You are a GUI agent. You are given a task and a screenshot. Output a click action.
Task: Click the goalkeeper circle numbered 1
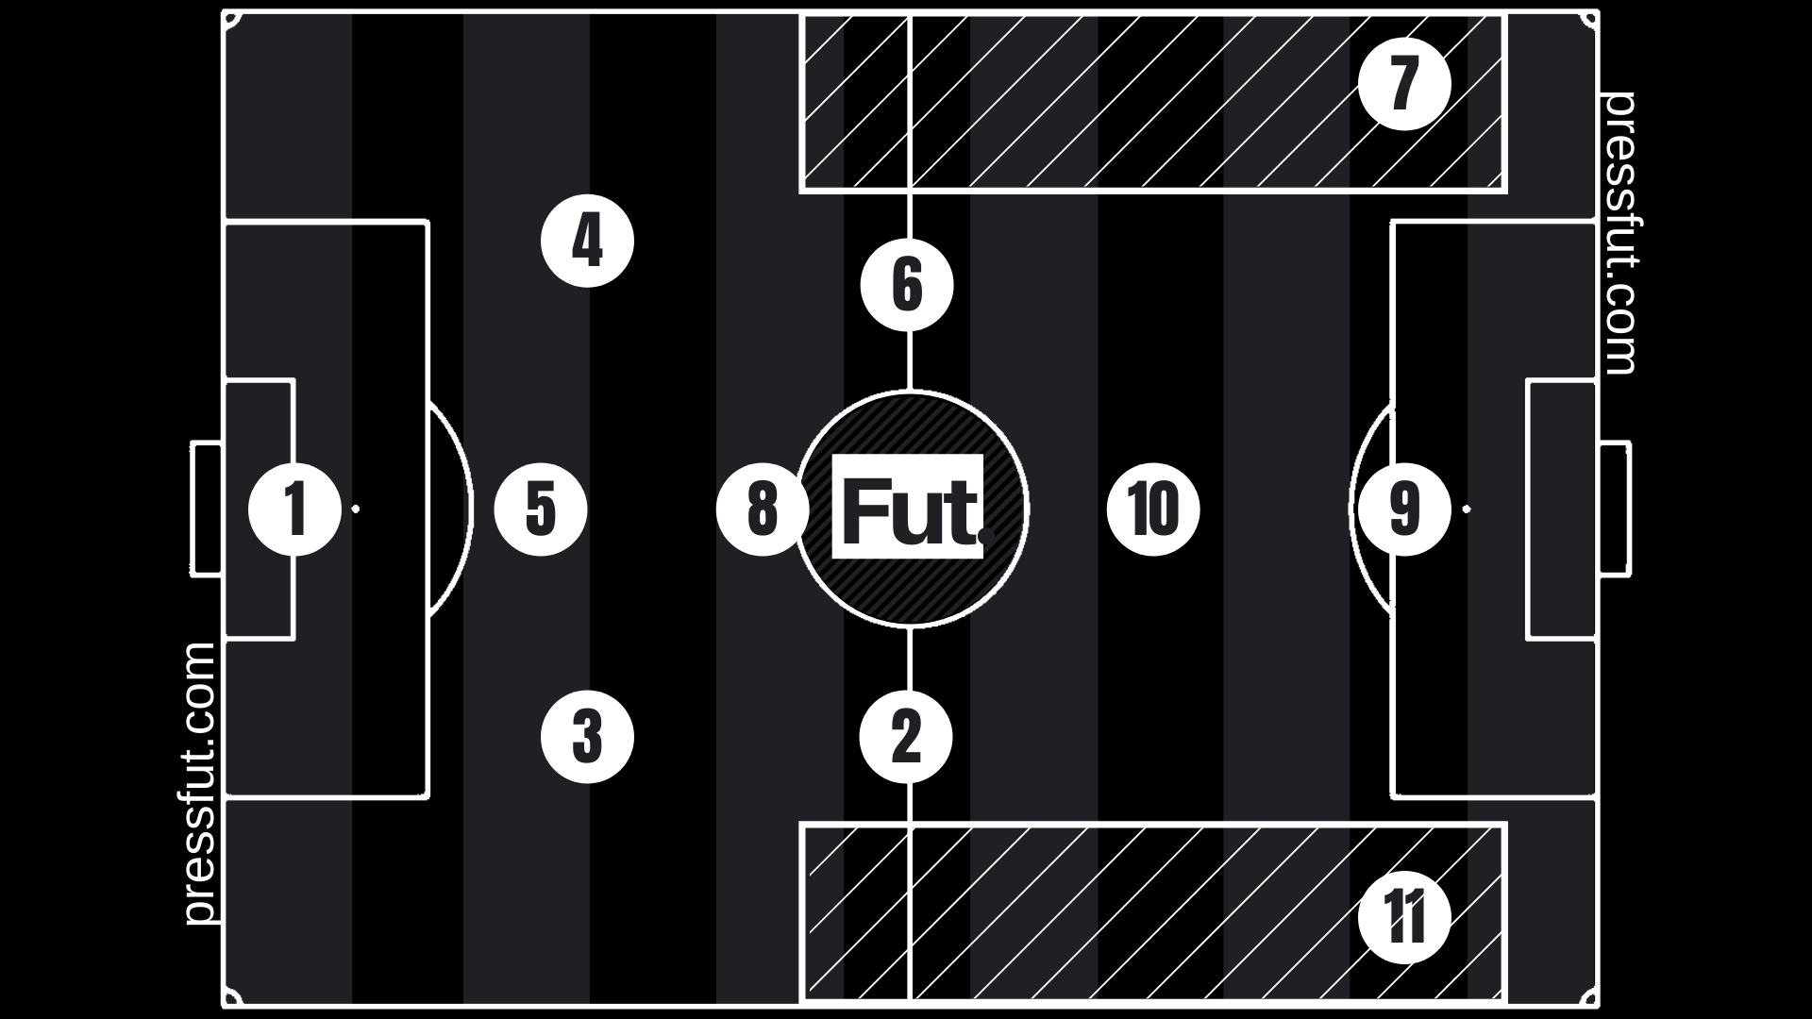tap(294, 509)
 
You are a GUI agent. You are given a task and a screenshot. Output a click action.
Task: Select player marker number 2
tap(906, 737)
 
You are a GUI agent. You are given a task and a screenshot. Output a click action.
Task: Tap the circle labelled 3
tap(587, 737)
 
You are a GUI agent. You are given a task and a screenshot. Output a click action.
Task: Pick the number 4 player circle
tap(587, 242)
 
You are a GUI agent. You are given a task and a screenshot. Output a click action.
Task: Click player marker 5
tap(541, 509)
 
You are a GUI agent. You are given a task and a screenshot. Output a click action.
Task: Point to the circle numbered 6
tap(907, 286)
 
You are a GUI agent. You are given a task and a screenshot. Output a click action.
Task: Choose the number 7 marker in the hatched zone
tap(1404, 83)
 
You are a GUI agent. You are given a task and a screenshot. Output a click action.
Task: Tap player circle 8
tap(763, 509)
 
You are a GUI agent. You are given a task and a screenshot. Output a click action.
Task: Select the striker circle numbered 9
tap(1404, 509)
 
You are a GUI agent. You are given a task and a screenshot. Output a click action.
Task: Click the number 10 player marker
tap(1153, 509)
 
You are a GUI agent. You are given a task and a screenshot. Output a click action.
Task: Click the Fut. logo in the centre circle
tap(908, 507)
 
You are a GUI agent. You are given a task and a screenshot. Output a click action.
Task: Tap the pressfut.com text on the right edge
tap(1619, 233)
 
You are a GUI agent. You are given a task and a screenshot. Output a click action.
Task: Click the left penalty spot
tap(356, 509)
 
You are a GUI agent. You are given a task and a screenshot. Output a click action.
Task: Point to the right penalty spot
tap(1467, 509)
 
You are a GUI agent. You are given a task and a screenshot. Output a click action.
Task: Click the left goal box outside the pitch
tap(193, 508)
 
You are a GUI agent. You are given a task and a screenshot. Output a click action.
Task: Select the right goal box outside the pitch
tap(1628, 508)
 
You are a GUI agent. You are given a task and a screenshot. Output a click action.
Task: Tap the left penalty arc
tap(469, 509)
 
